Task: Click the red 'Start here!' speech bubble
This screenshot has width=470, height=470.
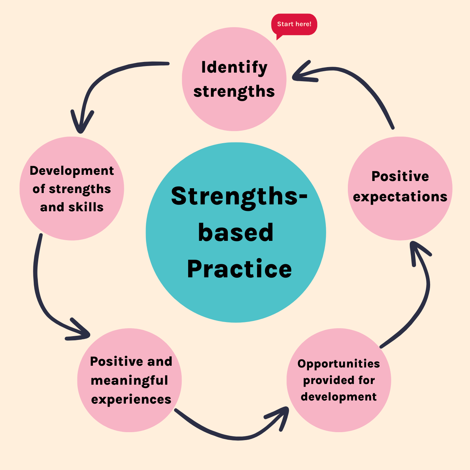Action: tap(294, 24)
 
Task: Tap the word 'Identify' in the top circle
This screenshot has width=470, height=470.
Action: tap(234, 67)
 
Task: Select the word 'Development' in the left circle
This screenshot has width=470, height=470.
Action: tap(72, 171)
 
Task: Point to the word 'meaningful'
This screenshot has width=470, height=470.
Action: tap(129, 381)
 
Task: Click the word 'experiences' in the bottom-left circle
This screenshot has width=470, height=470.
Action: tap(131, 399)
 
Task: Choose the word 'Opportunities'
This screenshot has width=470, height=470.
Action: tap(339, 364)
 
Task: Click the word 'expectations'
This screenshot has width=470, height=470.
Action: tap(400, 197)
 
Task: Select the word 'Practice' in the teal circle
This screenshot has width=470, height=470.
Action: tap(239, 269)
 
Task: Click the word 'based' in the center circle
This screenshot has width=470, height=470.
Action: tap(236, 233)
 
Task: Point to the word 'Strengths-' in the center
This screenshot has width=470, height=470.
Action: tap(239, 196)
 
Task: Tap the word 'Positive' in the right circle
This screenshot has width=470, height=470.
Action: tap(400, 177)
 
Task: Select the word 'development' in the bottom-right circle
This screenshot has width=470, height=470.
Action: tap(339, 397)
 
